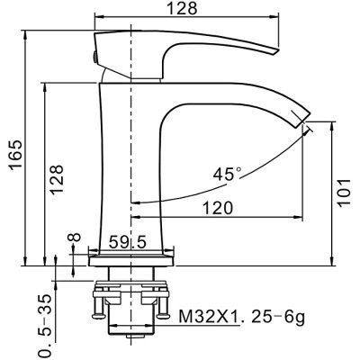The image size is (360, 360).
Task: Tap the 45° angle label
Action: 228,174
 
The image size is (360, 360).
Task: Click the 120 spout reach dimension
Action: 216,207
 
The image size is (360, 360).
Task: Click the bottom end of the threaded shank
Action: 131,343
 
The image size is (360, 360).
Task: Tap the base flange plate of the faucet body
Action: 131,262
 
